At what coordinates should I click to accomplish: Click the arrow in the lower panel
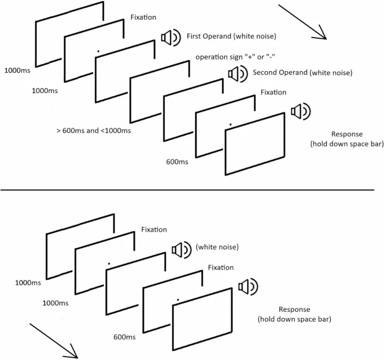[53, 339]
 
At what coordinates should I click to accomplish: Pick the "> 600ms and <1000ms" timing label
[94, 131]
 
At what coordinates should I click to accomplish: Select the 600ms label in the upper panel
[177, 162]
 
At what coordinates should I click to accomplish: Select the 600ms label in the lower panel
[123, 337]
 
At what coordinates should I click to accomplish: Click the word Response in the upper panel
[347, 134]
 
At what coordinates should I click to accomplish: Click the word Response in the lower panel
[294, 310]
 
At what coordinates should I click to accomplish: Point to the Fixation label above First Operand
[144, 17]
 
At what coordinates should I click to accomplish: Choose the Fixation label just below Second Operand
[274, 92]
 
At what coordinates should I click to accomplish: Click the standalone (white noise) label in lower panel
[217, 247]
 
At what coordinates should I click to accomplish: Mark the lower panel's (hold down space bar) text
[294, 320]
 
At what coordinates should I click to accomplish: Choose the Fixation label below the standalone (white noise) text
[220, 267]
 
